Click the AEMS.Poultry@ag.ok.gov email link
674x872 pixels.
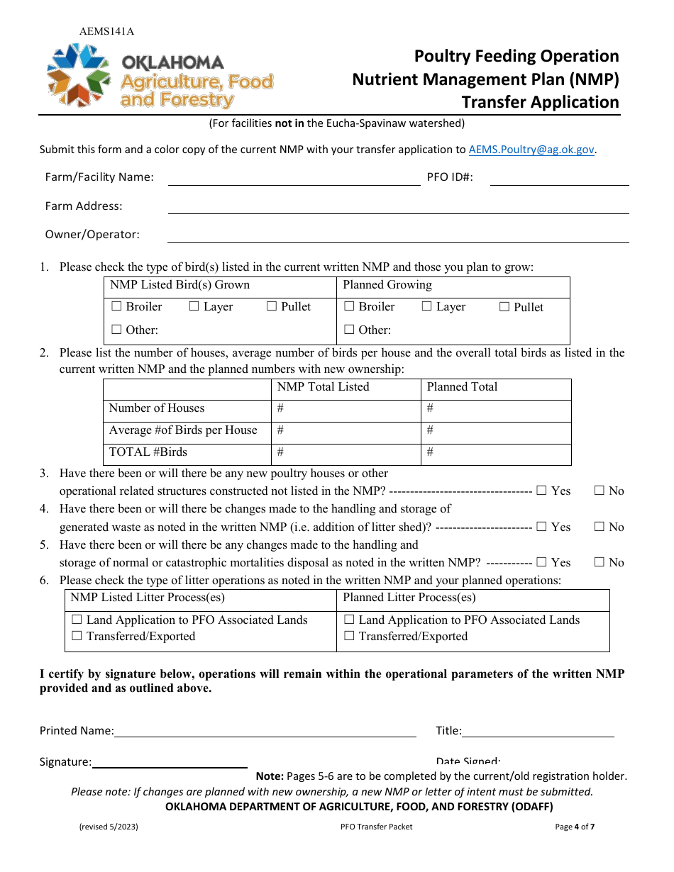coord(531,150)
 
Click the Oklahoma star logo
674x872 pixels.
coord(79,74)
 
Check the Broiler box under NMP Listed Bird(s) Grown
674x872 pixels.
coord(117,307)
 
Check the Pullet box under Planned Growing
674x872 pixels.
coord(504,307)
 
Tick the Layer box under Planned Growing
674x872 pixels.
coord(426,307)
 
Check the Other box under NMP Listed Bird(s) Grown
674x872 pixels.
coord(117,330)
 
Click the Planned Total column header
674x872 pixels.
coord(462,387)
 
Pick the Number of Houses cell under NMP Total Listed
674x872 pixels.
coord(346,409)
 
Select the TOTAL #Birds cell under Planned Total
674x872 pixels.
coord(496,452)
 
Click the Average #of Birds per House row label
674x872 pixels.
coord(183,430)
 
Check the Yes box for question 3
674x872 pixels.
coord(542,491)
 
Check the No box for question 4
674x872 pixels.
coord(600,527)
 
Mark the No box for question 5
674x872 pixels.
coord(600,562)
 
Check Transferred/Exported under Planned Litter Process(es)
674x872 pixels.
coord(349,637)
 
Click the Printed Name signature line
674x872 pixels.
coord(265,731)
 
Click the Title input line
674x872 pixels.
coord(538,731)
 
